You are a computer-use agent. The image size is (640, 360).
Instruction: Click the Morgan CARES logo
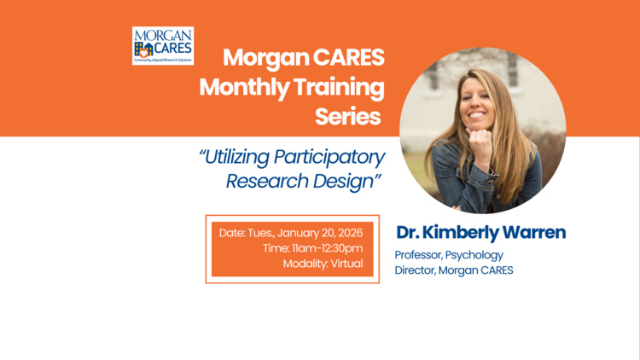pos(163,45)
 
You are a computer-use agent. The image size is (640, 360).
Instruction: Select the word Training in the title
pos(340,88)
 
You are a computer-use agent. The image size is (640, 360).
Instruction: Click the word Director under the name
pos(415,271)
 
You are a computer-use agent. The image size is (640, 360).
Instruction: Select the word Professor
pos(417,255)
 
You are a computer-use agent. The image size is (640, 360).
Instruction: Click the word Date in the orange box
pos(231,232)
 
